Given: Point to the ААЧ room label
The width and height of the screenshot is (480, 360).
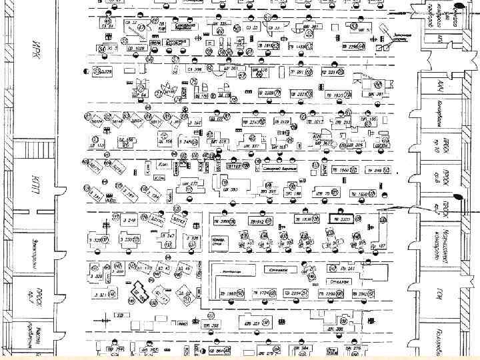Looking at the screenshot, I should [x=441, y=87].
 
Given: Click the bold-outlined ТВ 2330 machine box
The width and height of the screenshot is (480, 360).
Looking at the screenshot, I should [x=344, y=219].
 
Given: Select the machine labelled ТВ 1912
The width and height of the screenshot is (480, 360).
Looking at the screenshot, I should [x=258, y=221].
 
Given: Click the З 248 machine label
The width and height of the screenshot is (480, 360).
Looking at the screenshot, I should [x=129, y=219].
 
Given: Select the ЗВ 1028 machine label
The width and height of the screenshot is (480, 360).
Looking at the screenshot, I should [x=137, y=48].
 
